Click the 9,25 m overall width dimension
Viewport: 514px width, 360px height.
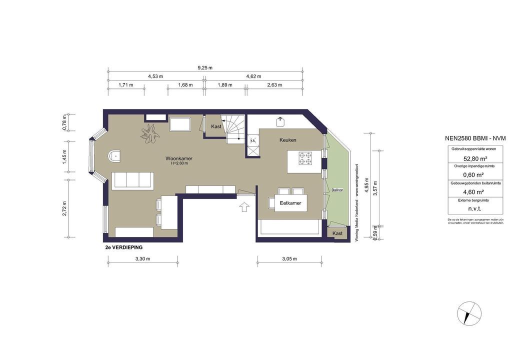pyautogui.click(x=205, y=67)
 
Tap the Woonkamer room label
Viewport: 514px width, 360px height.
pyautogui.click(x=179, y=158)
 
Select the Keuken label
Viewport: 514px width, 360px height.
pyautogui.click(x=288, y=141)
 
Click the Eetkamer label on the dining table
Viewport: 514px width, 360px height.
pyautogui.click(x=290, y=203)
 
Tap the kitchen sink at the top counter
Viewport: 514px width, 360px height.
pyautogui.click(x=280, y=121)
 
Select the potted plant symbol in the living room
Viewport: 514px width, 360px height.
pyautogui.click(x=150, y=133)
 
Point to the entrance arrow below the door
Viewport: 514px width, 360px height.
pyautogui.click(x=244, y=207)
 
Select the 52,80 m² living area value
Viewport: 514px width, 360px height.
pyautogui.click(x=468, y=159)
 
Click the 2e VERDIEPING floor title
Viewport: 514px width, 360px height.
pyautogui.click(x=124, y=247)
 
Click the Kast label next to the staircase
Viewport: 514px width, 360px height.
pyautogui.click(x=216, y=126)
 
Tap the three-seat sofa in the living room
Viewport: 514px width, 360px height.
pyautogui.click(x=132, y=180)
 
